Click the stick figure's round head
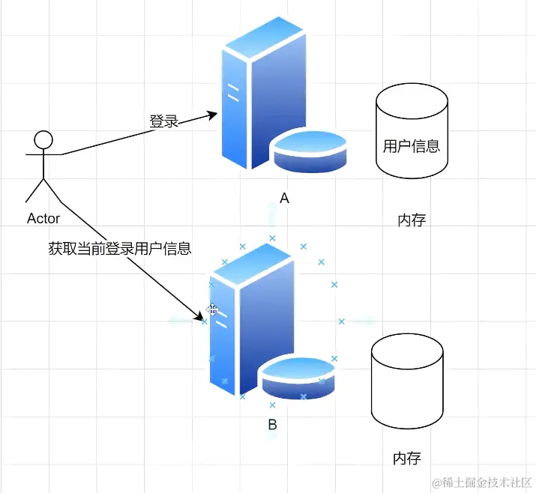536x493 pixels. [44, 139]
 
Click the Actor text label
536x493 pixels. [43, 219]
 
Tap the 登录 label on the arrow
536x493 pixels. [163, 121]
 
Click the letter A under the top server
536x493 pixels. [284, 199]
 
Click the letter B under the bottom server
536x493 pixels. [272, 425]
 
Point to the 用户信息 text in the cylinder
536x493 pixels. [411, 146]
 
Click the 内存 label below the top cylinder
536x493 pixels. [412, 220]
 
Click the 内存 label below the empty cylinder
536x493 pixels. [407, 458]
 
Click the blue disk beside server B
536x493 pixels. [298, 378]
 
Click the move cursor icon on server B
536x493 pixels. [213, 309]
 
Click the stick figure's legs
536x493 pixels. [44, 191]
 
